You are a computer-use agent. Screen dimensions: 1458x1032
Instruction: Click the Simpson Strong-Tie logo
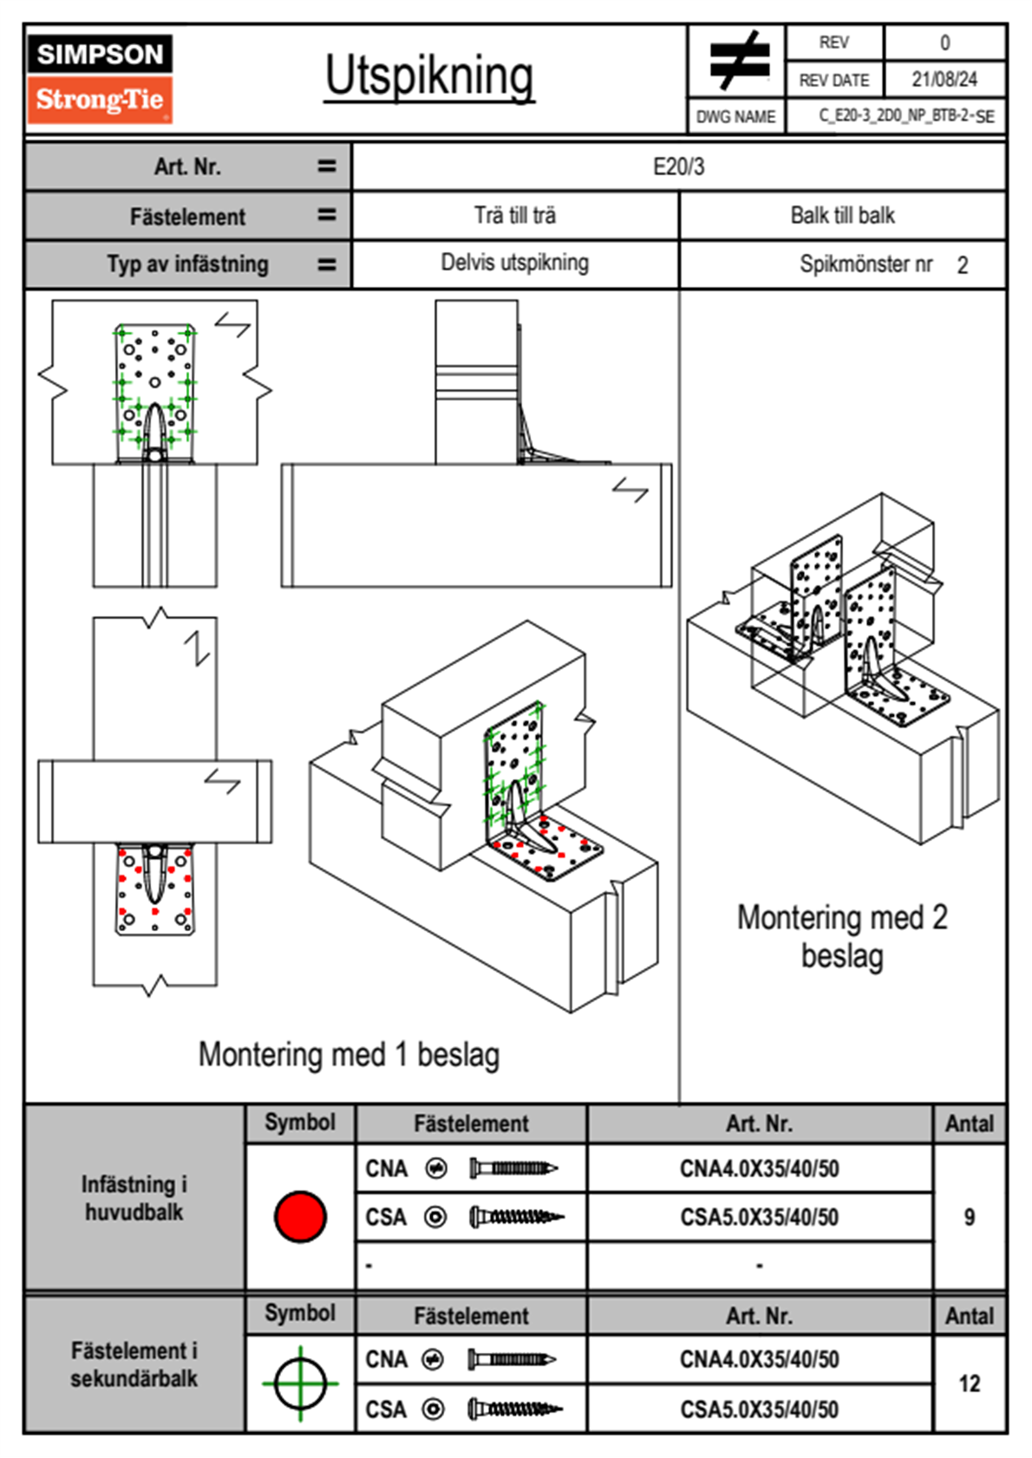coord(100,79)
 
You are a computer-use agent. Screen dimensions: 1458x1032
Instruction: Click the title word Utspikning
coord(429,76)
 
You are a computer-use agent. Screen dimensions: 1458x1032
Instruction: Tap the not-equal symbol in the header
coord(738,61)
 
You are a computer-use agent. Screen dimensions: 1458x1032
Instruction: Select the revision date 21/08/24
coord(944,80)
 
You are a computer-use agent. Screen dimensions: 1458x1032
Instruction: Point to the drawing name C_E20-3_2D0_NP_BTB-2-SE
coord(906,116)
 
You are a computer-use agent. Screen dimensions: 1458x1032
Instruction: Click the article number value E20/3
coord(678,166)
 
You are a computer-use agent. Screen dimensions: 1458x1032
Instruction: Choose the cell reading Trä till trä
coord(515,215)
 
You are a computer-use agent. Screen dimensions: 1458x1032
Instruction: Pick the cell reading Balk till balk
coord(842,215)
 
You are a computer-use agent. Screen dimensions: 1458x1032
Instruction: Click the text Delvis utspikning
coord(515,263)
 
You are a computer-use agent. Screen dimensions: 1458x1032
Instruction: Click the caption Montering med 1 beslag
coord(349,1055)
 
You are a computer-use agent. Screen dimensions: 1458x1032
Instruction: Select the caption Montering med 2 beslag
coord(842,937)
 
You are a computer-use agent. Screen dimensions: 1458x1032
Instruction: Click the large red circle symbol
coord(300,1216)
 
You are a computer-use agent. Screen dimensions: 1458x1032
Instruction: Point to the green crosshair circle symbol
coord(300,1383)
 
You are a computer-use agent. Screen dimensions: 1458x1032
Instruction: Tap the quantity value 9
coord(969,1217)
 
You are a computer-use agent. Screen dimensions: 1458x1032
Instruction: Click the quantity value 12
coord(969,1383)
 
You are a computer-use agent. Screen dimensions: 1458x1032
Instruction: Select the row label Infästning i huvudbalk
coord(134,1198)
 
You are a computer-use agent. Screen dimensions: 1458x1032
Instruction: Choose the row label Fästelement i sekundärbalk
coord(134,1364)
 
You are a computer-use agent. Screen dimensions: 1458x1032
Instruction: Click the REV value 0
coord(944,42)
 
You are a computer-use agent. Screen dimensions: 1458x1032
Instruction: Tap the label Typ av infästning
coord(187,264)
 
